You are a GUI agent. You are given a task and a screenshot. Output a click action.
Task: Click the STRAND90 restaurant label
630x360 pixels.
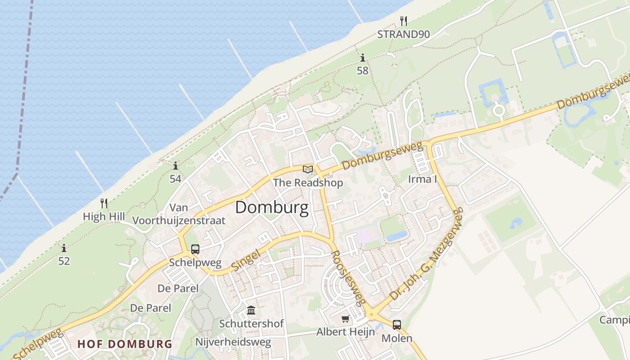coord(404,34)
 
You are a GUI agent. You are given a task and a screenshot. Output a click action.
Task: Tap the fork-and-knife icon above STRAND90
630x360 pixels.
coord(404,21)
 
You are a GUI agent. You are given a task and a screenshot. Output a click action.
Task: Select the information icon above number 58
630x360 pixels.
coord(363,58)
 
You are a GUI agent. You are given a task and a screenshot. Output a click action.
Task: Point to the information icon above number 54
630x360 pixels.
coord(175,166)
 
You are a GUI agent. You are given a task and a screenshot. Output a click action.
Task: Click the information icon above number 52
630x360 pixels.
coord(64,248)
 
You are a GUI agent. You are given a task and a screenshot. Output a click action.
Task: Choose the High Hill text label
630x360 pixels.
coord(104,216)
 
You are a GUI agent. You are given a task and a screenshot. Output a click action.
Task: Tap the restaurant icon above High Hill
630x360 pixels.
coord(104,203)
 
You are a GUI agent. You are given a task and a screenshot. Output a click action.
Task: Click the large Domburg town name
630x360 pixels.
coord(272,207)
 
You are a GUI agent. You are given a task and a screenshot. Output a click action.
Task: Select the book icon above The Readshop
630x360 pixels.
coord(308,169)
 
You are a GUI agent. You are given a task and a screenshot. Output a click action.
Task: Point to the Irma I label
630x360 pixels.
coord(423,179)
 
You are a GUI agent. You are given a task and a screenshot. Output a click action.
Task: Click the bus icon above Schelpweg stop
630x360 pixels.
coord(195,249)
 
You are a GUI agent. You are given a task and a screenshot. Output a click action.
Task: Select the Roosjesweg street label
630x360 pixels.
coord(348,278)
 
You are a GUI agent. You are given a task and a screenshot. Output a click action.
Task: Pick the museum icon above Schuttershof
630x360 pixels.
coord(251,310)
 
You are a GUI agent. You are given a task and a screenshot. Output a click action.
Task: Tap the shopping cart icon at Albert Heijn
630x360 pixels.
coord(345,319)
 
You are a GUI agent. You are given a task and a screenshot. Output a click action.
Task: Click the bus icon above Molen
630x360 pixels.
coord(396,324)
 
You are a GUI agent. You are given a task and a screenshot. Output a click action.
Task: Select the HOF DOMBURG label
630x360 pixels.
coord(125,344)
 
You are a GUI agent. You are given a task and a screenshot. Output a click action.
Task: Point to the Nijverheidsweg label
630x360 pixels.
coord(233,342)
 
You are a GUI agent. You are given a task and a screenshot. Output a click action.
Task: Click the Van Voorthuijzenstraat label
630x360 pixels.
coord(179,214)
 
